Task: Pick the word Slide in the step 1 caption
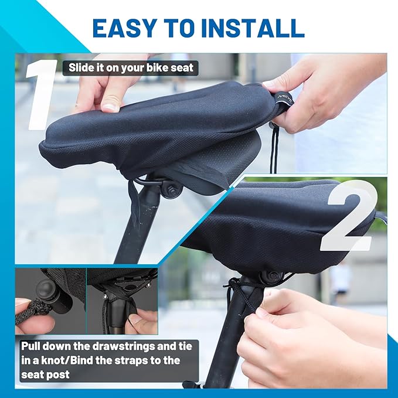pyautogui.click(x=82, y=68)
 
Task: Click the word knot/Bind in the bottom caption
pyautogui.click(x=74, y=360)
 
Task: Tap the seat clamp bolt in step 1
pyautogui.click(x=171, y=189)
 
